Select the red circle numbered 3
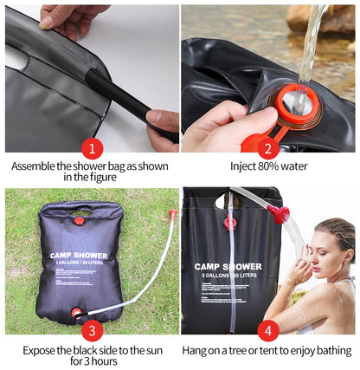pyautogui.click(x=93, y=329)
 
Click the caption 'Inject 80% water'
pyautogui.click(x=268, y=166)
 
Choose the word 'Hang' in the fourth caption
pyautogui.click(x=196, y=350)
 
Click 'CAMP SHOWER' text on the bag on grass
pyautogui.click(x=79, y=256)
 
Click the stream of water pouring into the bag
pyautogui.click(x=309, y=43)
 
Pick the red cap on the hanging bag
pyautogui.click(x=229, y=224)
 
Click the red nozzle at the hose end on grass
pyautogui.click(x=172, y=212)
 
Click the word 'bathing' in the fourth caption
pyautogui.click(x=330, y=350)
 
